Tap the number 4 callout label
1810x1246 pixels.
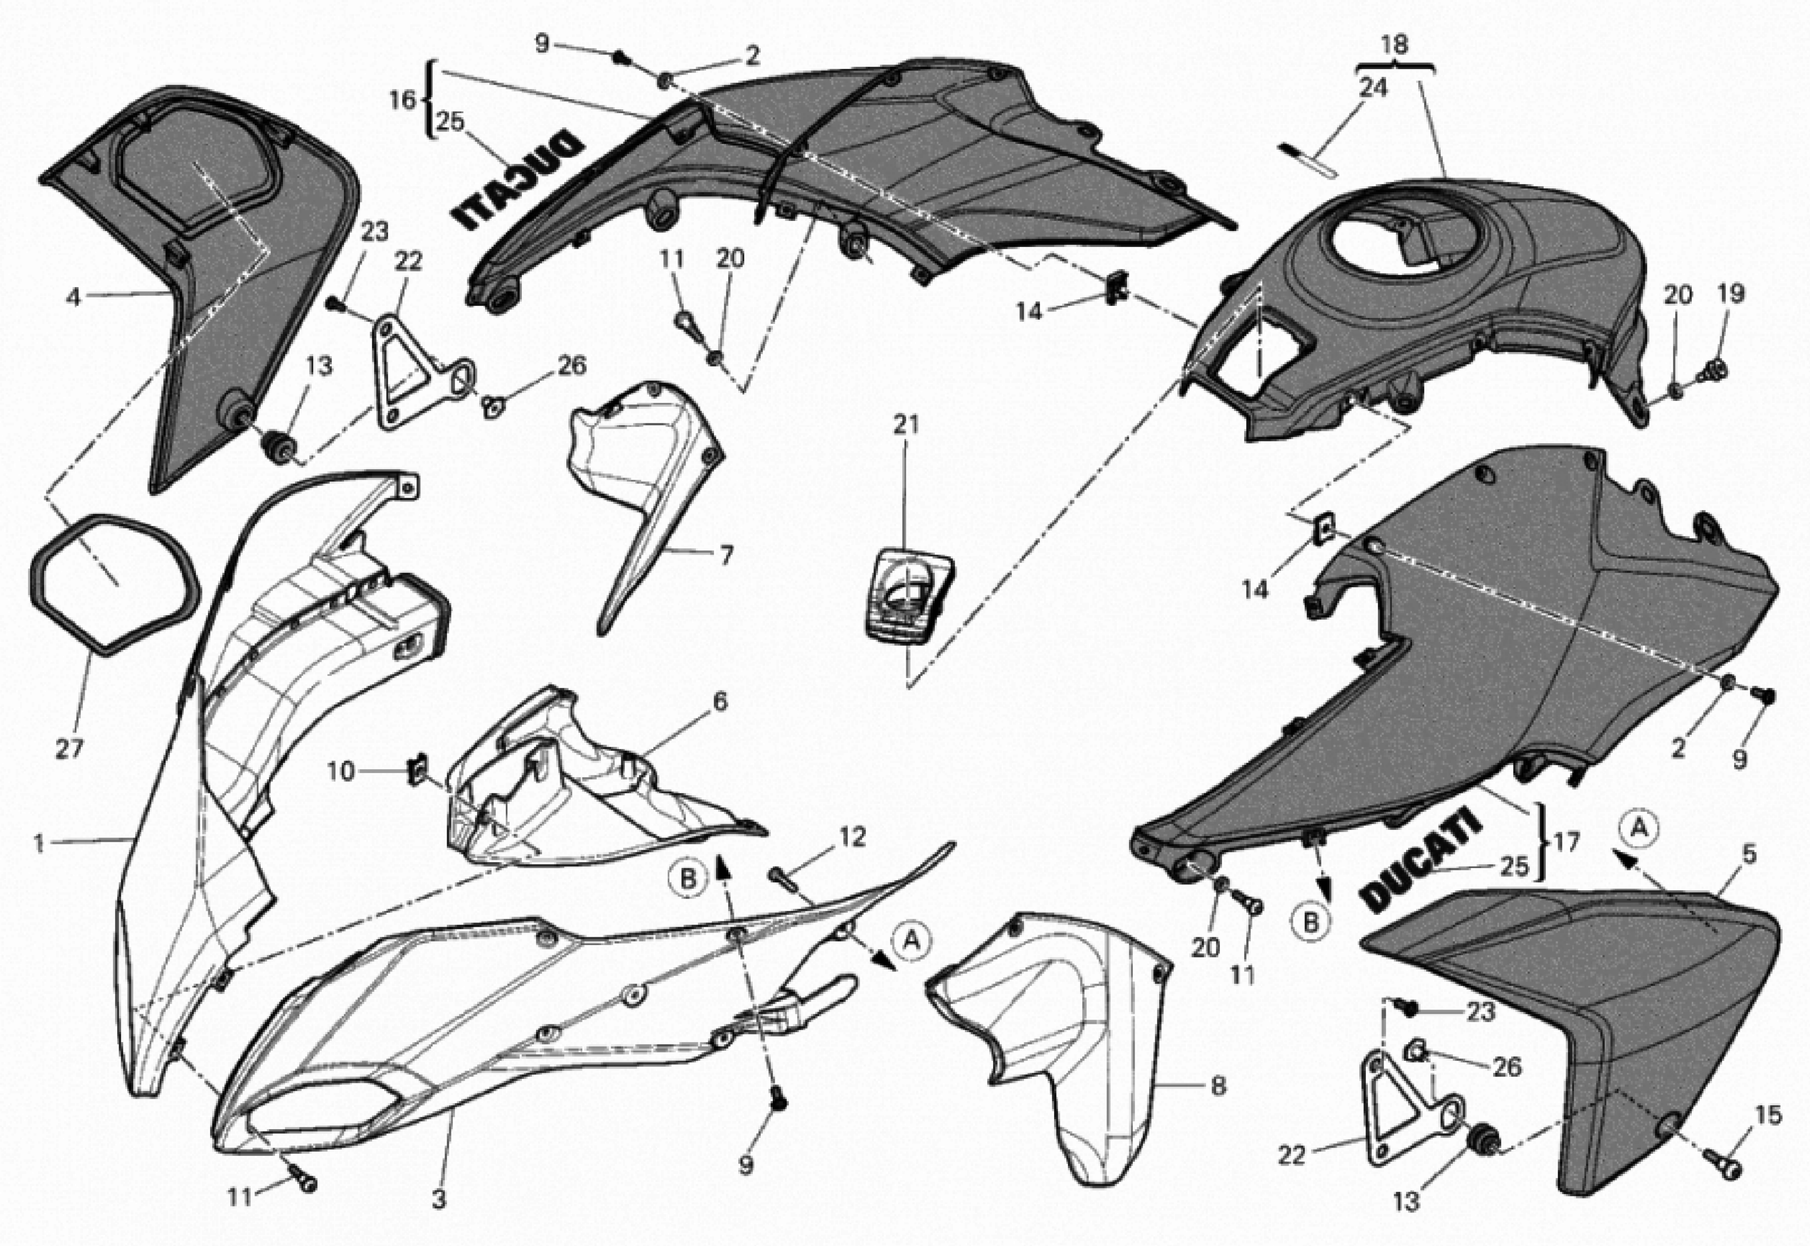tap(73, 298)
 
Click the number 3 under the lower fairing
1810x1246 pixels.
tap(439, 1200)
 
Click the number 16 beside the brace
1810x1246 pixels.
tap(403, 101)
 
